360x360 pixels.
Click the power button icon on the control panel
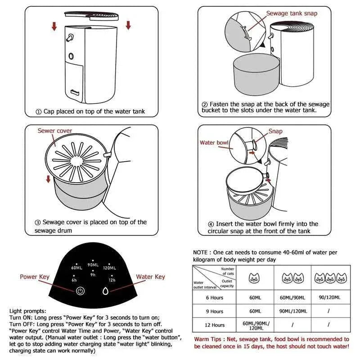pyautogui.click(x=80, y=291)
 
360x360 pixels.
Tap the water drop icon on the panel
pyautogui.click(x=106, y=291)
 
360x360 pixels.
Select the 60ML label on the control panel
pyautogui.click(x=76, y=268)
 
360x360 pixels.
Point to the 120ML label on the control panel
pyautogui.click(x=109, y=268)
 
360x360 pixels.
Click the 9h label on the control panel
pyautogui.click(x=93, y=274)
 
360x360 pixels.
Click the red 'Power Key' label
pyautogui.click(x=35, y=277)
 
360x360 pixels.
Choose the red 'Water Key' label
pyautogui.click(x=150, y=277)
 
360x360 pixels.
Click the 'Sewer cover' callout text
pyautogui.click(x=55, y=131)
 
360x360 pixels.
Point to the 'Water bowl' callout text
pyautogui.click(x=214, y=143)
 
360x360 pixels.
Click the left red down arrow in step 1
pyautogui.click(x=54, y=27)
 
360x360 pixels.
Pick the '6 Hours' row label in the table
pyautogui.click(x=214, y=297)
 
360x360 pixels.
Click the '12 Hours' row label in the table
pyautogui.click(x=214, y=324)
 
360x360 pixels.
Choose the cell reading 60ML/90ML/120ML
pyautogui.click(x=255, y=324)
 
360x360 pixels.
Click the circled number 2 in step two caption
pyautogui.click(x=205, y=104)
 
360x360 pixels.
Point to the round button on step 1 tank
pyautogui.click(x=71, y=56)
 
